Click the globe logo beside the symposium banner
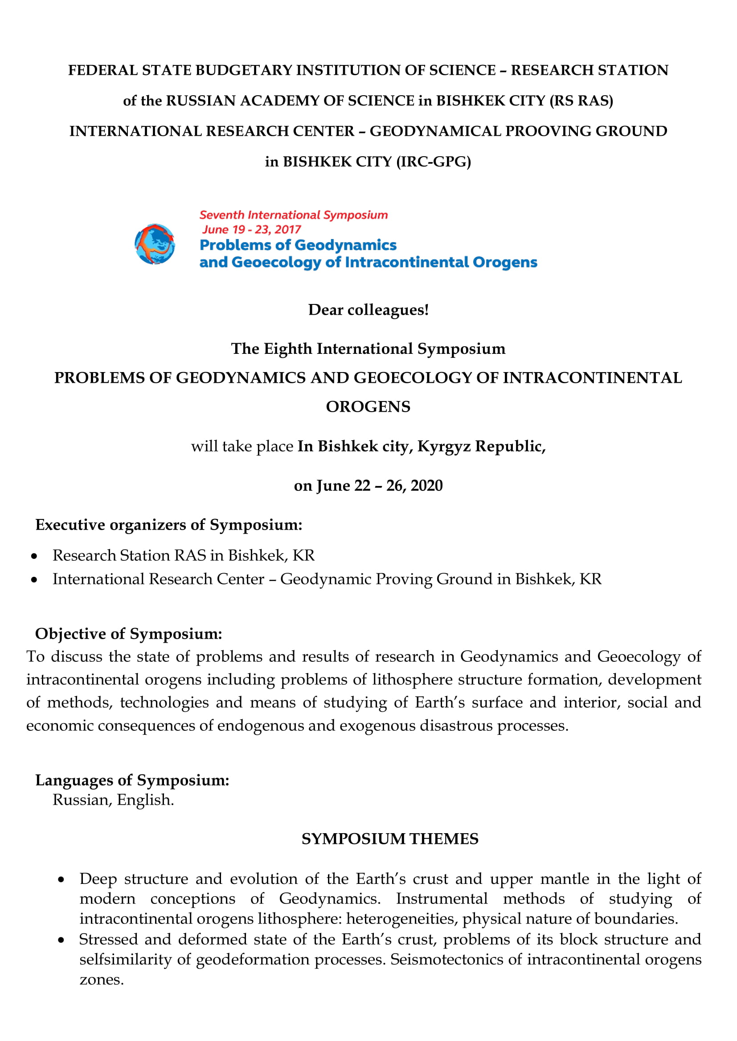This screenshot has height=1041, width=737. (155, 244)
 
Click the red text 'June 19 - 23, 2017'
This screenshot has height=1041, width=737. (251, 229)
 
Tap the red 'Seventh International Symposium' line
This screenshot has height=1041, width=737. (294, 215)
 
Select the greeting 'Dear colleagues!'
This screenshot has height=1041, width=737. (368, 310)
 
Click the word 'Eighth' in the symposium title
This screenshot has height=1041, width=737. (288, 348)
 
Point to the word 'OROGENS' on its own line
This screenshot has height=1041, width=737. (368, 407)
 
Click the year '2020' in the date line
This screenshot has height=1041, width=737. (426, 486)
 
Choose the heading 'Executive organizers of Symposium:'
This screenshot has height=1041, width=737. (169, 525)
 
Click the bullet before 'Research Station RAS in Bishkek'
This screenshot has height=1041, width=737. (34, 556)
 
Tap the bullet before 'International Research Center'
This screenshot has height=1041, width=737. (34, 580)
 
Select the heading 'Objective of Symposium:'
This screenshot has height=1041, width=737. (129, 633)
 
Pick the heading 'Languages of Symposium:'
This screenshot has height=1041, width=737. (132, 780)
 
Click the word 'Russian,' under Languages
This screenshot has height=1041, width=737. (82, 800)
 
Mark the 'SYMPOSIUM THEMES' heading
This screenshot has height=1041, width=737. (390, 839)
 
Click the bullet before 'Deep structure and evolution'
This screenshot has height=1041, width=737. (61, 880)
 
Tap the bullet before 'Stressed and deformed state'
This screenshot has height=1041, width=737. (61, 940)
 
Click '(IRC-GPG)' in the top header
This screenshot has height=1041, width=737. (434, 162)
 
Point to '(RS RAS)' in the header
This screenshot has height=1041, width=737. (581, 101)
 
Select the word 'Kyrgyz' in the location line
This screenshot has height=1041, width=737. (444, 446)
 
